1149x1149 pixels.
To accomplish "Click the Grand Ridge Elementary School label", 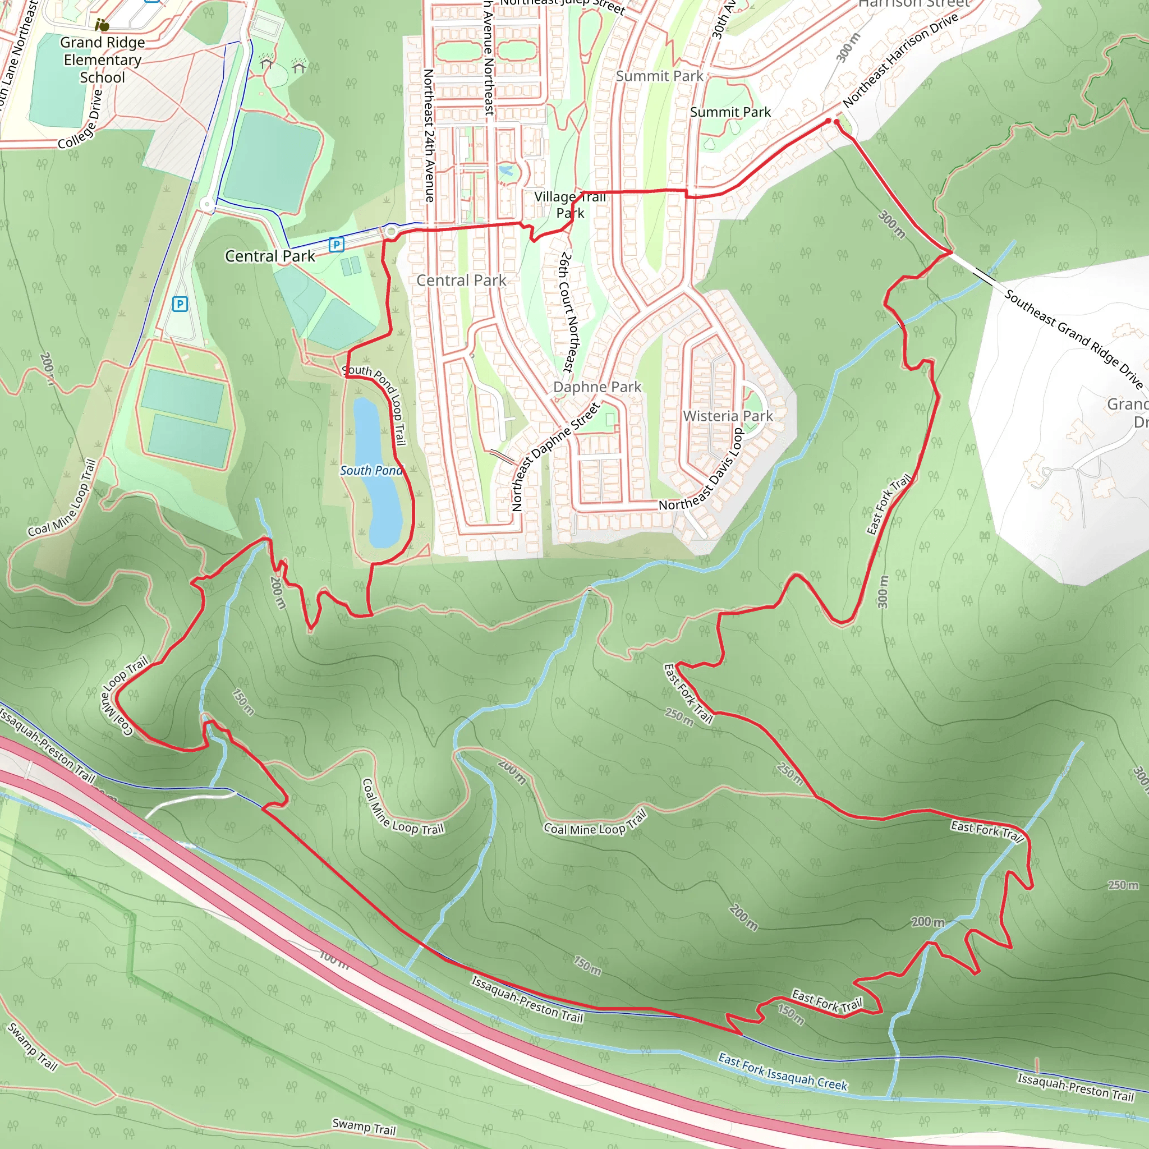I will coord(102,59).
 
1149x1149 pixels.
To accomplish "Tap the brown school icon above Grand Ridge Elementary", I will coord(102,25).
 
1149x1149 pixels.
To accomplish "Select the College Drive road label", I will coord(81,119).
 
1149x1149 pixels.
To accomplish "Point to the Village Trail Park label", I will coord(570,205).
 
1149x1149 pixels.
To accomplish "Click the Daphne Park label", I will coord(597,387).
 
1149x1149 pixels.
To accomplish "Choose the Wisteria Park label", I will coord(728,416).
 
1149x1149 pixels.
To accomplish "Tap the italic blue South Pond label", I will coord(371,470).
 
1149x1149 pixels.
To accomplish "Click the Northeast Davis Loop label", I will coord(702,470).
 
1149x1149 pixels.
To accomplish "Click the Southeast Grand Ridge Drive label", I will coord(1073,338).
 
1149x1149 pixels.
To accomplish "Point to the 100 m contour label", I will coord(334,959).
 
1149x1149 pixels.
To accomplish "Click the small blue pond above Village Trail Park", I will coord(506,172).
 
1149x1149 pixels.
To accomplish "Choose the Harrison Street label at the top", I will coord(913,3).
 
